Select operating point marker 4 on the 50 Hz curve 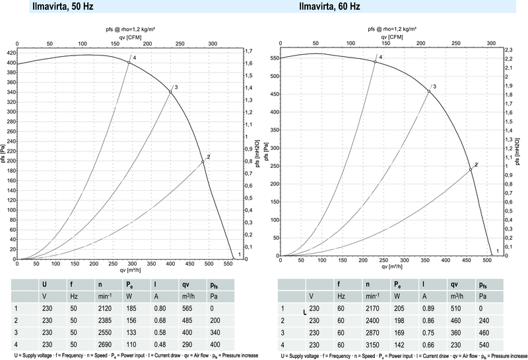coord(129,63)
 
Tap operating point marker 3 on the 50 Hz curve coord(170,92)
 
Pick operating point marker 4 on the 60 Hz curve coord(375,62)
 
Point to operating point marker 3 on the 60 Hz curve coord(429,91)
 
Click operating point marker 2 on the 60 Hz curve coord(471,169)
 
